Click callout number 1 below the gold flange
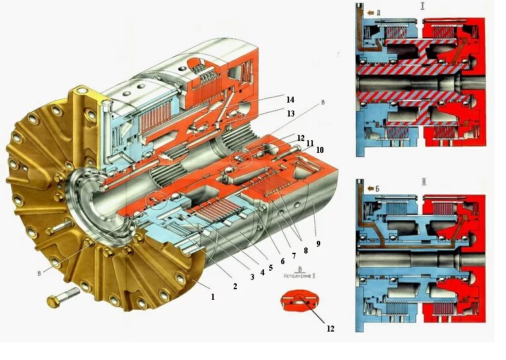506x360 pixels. coord(212,297)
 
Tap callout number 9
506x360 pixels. coord(318,244)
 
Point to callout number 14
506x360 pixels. coord(290,99)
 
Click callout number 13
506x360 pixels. coord(290,114)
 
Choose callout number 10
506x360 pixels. coord(319,150)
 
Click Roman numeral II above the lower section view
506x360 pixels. coord(423,180)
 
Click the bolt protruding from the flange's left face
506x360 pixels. coord(59,227)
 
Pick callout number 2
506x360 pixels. coord(235,287)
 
